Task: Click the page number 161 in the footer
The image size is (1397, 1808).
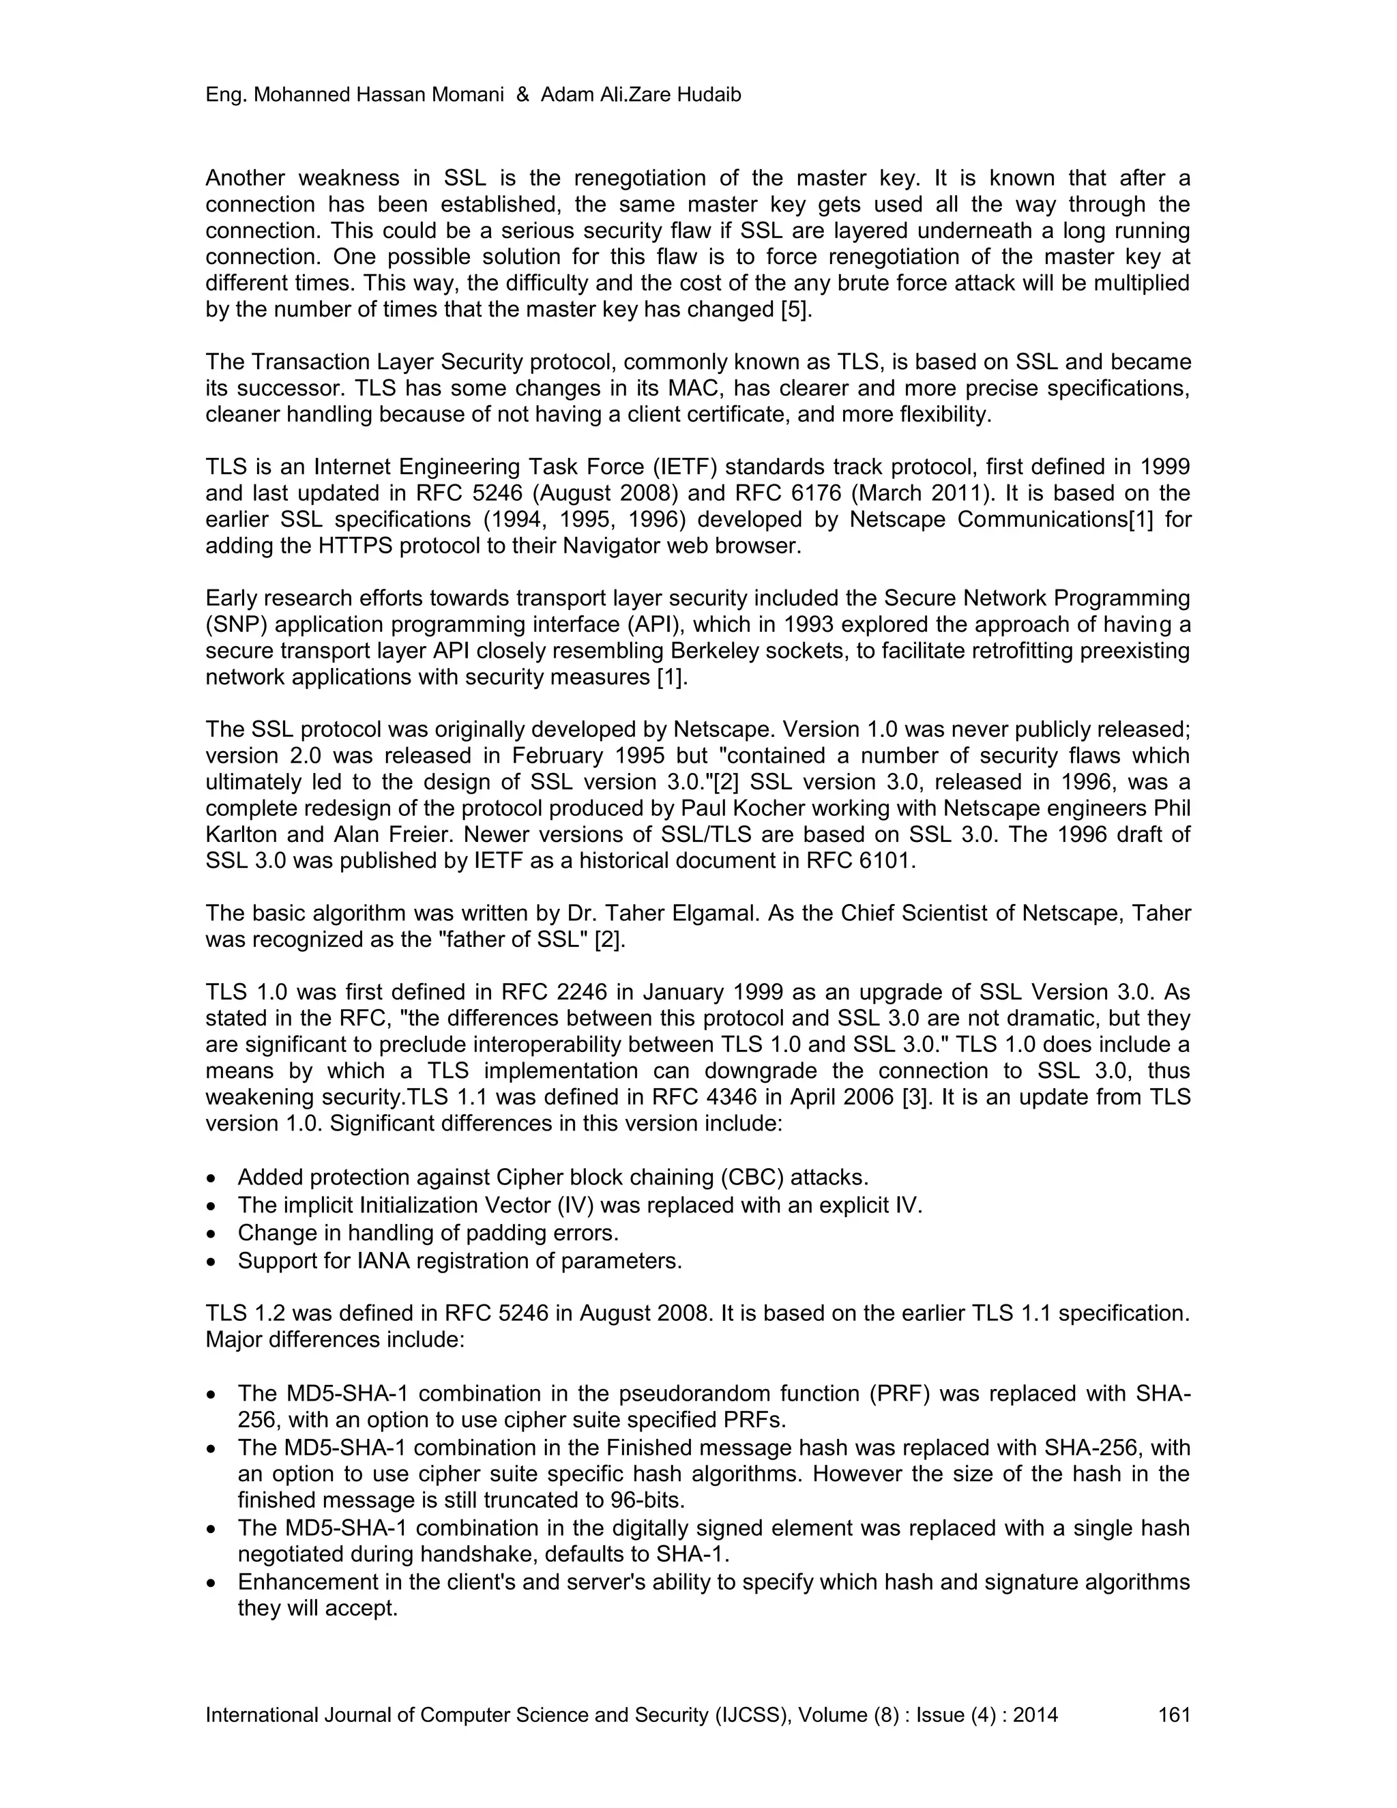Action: pyautogui.click(x=1173, y=1715)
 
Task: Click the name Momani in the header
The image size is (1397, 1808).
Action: pyautogui.click(x=467, y=96)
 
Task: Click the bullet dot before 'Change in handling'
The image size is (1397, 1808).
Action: pyautogui.click(x=213, y=1234)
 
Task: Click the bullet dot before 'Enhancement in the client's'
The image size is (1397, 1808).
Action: pyautogui.click(x=213, y=1583)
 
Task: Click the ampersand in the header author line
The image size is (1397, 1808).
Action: pyautogui.click(x=523, y=96)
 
